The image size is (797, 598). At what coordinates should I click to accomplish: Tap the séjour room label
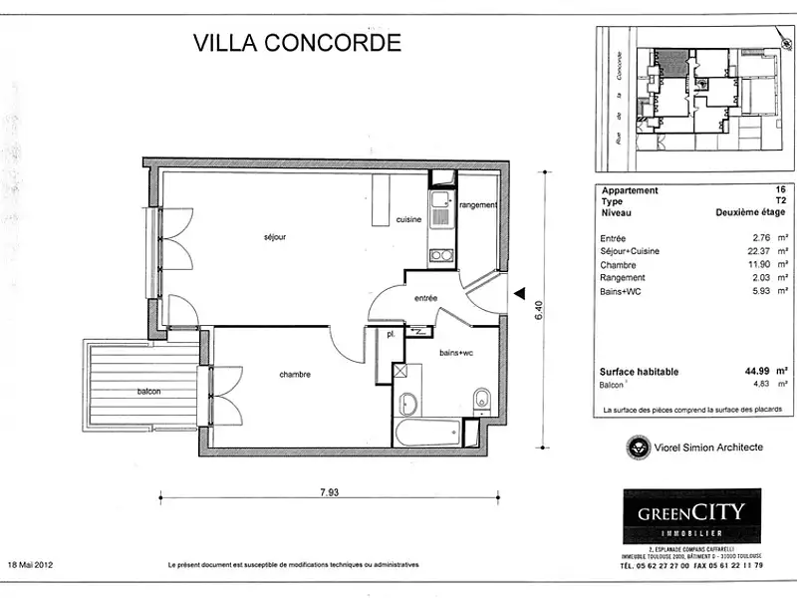(275, 237)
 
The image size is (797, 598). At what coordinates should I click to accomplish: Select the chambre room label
(295, 375)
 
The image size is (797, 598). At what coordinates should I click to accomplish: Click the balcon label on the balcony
(149, 392)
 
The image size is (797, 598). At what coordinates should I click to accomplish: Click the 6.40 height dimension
(538, 308)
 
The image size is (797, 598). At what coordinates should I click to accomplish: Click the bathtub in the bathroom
(427, 434)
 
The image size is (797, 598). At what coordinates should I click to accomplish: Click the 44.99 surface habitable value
(756, 371)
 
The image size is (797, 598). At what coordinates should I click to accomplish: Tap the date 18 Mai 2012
(31, 564)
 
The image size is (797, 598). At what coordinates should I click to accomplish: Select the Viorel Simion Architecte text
(707, 448)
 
